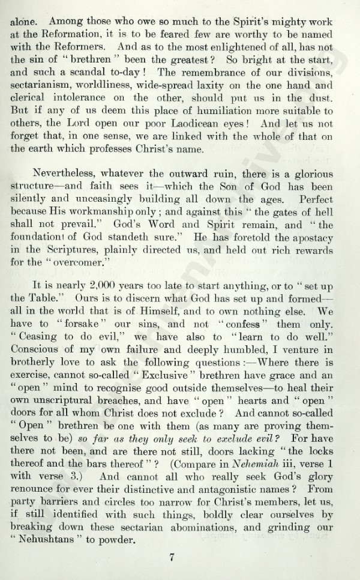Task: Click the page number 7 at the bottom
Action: pos(172,557)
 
